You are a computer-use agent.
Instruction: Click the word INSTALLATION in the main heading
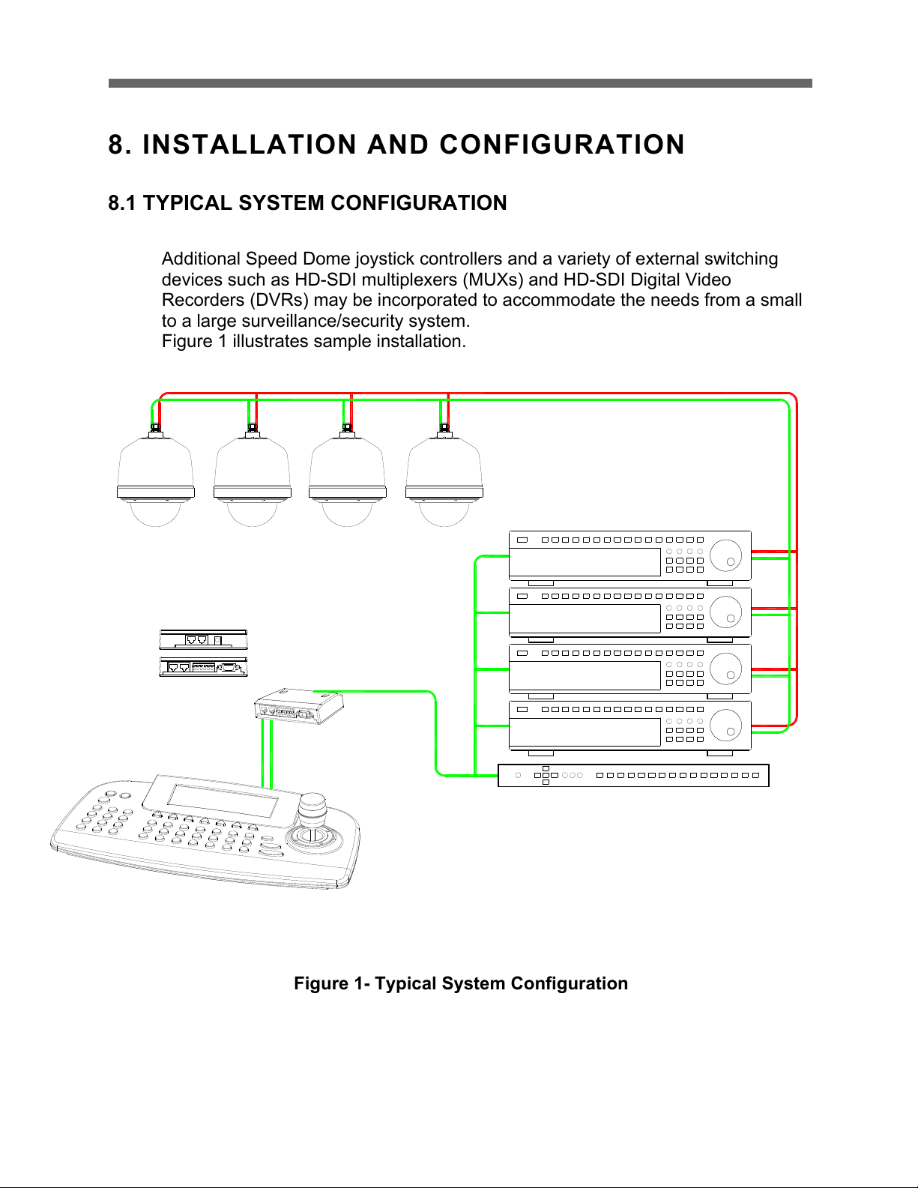250,145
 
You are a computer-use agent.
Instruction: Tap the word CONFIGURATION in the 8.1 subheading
419,203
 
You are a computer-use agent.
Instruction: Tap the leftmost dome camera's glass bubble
156,513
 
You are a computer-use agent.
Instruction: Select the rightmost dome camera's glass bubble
444,513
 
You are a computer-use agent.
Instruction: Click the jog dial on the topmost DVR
725,555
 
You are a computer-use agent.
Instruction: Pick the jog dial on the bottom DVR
725,726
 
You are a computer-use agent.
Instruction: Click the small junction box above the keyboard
299,706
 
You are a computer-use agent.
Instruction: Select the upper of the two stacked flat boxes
203,639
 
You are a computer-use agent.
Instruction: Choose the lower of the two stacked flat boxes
203,667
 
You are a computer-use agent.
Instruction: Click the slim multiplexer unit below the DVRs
633,775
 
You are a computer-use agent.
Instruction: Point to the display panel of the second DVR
585,618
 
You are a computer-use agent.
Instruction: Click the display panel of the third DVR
585,675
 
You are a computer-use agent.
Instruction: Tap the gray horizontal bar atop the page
460,83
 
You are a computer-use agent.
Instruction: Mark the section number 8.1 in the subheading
122,203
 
